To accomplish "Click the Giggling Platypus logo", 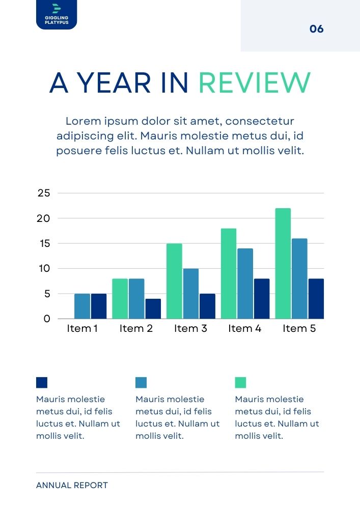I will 57,14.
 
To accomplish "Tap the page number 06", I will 316,29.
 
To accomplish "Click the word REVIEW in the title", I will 254,83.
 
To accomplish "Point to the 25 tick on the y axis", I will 44,193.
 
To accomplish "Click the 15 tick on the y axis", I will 44,243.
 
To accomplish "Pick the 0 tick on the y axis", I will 47,319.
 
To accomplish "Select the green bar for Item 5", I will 283,263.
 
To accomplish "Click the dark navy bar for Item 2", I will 153,308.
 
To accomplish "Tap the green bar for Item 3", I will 174,281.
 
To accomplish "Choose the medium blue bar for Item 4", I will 244,284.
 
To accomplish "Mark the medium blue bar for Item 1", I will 82,306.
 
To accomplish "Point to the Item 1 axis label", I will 82,329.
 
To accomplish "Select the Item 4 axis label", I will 244,329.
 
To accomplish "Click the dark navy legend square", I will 42,382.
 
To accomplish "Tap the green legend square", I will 240,382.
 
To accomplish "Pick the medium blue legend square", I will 141,382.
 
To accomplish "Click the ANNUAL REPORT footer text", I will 72,486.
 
